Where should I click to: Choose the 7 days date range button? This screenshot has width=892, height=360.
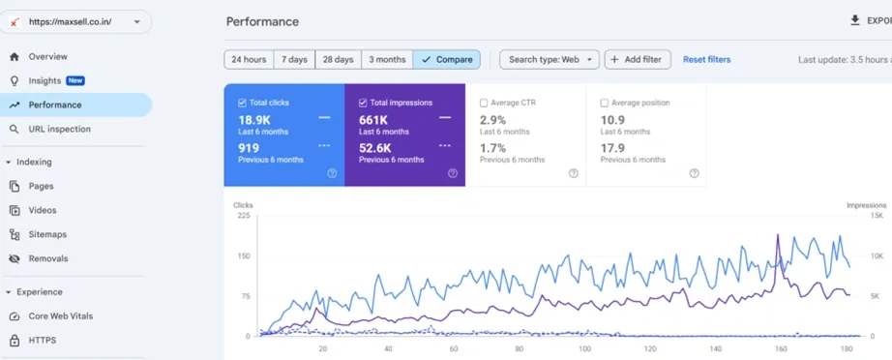(294, 60)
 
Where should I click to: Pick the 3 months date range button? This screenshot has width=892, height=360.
(387, 60)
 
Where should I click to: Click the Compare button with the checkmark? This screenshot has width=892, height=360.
(447, 60)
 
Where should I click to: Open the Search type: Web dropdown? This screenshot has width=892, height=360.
(549, 60)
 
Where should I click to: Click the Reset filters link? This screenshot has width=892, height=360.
(706, 60)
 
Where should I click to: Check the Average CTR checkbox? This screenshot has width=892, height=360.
(484, 103)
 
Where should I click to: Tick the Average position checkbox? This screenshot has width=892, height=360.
(604, 103)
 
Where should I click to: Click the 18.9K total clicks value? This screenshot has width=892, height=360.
(253, 120)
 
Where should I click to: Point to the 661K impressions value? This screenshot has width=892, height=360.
(373, 120)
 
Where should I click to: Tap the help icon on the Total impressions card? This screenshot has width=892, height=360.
(452, 173)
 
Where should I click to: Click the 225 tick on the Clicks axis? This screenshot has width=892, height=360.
(243, 216)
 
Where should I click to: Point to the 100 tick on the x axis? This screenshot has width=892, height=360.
(584, 349)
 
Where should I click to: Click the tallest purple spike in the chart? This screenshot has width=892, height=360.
(778, 235)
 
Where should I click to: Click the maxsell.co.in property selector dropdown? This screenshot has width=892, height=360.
(75, 22)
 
